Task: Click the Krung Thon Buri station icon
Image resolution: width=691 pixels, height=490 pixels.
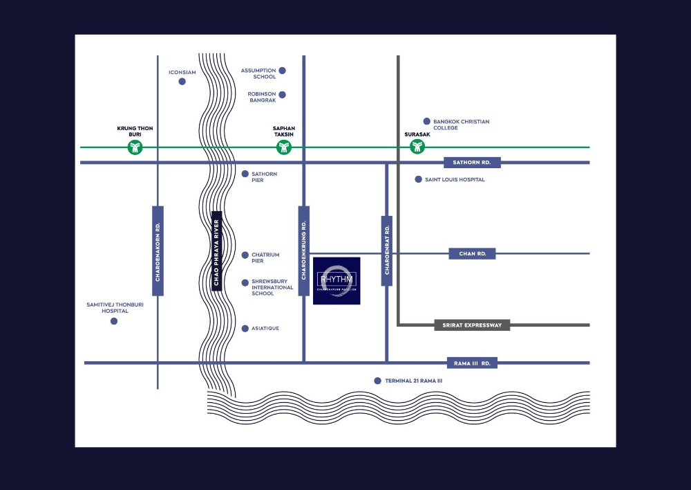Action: tap(135, 147)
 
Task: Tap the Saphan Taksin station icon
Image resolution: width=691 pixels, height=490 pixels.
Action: tap(283, 147)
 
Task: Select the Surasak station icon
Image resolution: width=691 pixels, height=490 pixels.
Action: tap(417, 147)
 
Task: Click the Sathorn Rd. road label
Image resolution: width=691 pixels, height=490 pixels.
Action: tap(472, 163)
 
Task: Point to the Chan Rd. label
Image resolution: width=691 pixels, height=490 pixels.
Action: tap(473, 254)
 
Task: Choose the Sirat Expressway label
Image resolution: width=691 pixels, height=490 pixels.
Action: tap(473, 325)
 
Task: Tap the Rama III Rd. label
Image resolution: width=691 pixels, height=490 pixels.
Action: tap(473, 363)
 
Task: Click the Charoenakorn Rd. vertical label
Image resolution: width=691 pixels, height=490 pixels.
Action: tap(158, 251)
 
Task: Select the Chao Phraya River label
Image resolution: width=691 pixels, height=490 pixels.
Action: tap(216, 251)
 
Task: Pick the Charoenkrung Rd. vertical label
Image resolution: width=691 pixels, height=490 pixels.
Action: tap(303, 251)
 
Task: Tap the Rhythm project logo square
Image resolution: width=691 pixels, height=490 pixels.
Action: tap(337, 280)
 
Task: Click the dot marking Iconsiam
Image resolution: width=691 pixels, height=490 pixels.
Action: tap(182, 82)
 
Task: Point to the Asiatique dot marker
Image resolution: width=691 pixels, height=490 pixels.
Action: tap(245, 328)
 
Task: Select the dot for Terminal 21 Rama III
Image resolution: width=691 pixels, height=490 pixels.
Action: tap(377, 381)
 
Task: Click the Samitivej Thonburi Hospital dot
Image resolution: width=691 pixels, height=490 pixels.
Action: tap(114, 321)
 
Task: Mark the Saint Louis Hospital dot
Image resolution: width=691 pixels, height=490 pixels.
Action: tap(418, 179)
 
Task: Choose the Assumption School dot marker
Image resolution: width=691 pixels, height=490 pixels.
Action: tap(282, 71)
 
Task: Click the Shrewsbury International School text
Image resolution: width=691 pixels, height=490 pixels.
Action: tap(263, 287)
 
